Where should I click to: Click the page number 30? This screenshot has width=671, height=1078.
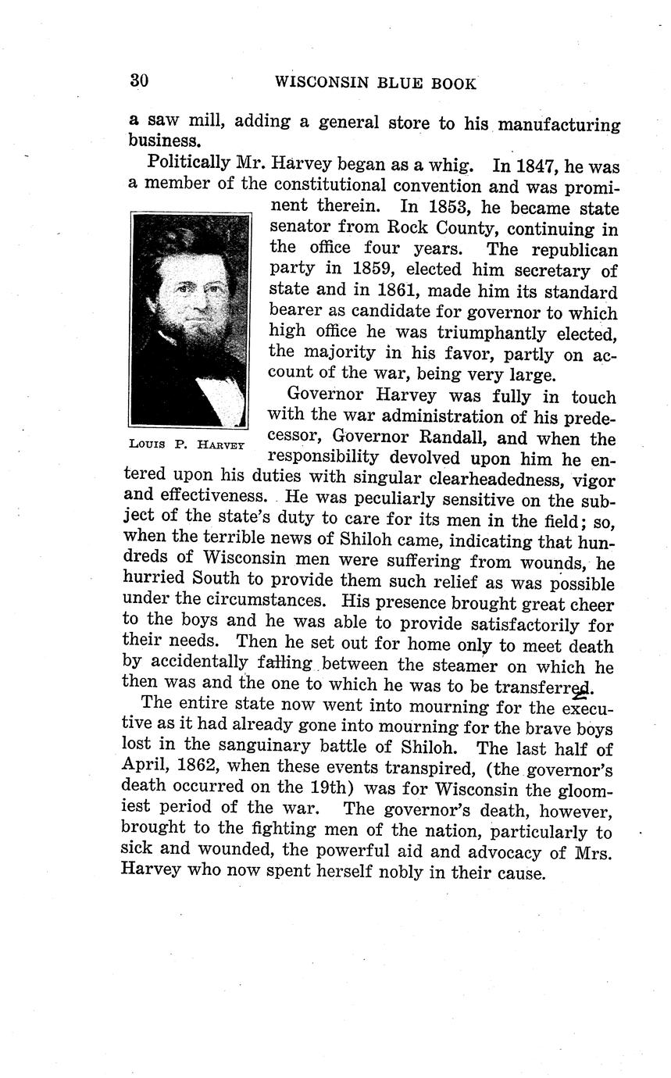[139, 80]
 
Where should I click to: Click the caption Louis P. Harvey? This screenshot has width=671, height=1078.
[187, 444]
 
